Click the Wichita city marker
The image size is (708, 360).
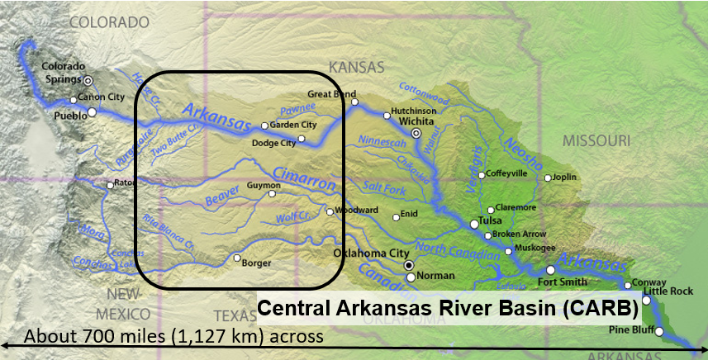click(417, 132)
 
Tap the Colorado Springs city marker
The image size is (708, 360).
click(88, 80)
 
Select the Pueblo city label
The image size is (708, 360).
click(71, 116)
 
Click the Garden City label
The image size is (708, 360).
click(293, 125)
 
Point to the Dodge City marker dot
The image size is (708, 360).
click(302, 138)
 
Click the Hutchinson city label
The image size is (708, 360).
click(413, 111)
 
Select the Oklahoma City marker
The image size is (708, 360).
click(408, 265)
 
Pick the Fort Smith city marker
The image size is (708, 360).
click(550, 270)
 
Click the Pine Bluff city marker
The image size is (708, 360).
click(659, 331)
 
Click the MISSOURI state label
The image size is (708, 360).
click(597, 141)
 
